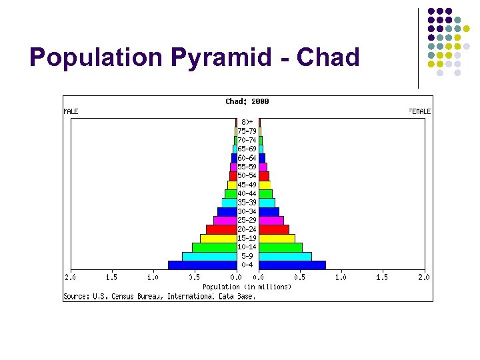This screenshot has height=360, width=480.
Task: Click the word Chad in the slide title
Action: [x=328, y=58]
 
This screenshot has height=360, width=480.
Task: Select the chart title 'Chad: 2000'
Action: [x=247, y=101]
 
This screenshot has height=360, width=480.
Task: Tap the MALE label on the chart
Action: [x=71, y=111]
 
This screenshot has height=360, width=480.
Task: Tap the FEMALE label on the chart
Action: [x=419, y=111]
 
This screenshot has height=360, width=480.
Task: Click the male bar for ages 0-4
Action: [x=202, y=265]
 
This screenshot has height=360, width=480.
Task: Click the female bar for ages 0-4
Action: [x=292, y=265]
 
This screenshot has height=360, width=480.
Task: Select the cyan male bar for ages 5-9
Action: [x=209, y=256]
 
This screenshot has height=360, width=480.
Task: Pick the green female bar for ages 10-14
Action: [x=281, y=247]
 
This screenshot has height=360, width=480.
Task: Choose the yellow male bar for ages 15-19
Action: [x=218, y=238]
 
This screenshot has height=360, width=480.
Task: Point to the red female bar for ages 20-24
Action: [x=274, y=229]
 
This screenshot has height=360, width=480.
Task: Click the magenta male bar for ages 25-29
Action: [x=225, y=220]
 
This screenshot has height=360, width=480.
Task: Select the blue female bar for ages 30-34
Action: [x=269, y=211]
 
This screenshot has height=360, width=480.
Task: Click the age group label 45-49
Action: [x=247, y=185]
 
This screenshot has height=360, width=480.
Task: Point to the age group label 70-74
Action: [x=247, y=140]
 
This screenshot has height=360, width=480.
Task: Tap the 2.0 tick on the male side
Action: [x=70, y=277]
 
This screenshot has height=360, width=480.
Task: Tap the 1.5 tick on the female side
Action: [x=381, y=277]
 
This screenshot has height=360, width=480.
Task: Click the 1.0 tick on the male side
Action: [x=153, y=277]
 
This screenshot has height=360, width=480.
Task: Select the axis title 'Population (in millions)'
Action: [x=247, y=287]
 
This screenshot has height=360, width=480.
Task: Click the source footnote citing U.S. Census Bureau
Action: [x=159, y=296]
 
